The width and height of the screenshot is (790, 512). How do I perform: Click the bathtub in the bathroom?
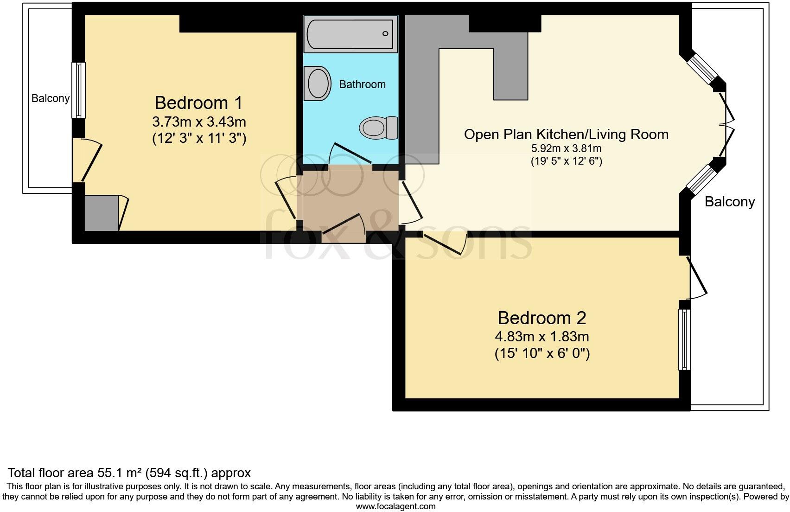point(351,33)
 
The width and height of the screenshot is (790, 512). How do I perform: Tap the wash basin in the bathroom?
point(318,83)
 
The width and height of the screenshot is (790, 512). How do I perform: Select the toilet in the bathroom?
point(378,127)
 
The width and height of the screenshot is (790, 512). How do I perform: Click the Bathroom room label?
point(362,84)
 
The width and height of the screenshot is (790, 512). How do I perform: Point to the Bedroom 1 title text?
point(198,102)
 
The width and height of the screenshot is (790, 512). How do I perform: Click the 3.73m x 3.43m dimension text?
point(199,122)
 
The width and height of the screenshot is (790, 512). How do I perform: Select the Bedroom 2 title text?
point(542,318)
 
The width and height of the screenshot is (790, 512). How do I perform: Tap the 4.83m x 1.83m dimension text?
point(542,336)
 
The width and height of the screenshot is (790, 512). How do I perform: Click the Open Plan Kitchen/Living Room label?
point(566,134)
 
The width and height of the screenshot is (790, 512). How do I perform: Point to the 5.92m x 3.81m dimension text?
point(566,149)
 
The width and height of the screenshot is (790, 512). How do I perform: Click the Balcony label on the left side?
point(51,98)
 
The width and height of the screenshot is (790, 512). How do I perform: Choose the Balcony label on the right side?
point(730,202)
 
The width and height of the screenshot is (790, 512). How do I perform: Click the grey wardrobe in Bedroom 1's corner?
point(102,213)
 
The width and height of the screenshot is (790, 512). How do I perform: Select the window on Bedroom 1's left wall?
point(79,90)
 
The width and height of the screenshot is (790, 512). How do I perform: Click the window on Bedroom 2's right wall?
point(684,339)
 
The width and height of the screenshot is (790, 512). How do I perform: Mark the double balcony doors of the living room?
point(726,125)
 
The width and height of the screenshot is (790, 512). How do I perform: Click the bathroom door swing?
point(350,153)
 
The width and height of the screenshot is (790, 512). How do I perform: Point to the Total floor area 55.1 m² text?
point(129,473)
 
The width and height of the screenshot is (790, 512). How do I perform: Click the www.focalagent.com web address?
point(395,506)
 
